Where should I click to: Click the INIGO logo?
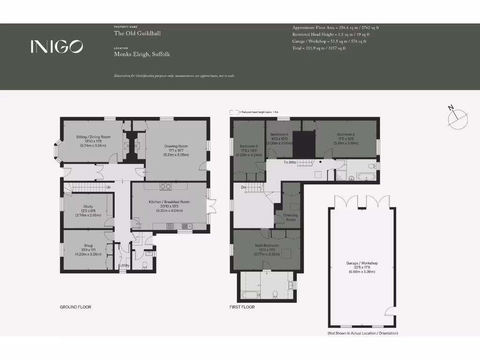click(x=57, y=46)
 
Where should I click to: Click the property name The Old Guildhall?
click(x=137, y=33)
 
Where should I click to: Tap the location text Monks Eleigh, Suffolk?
click(x=142, y=54)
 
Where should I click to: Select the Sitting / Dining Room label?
click(x=93, y=137)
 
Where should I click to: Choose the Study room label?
click(x=88, y=207)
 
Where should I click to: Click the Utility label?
click(x=124, y=266)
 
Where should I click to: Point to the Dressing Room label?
click(x=291, y=217)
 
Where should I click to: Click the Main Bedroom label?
click(x=267, y=246)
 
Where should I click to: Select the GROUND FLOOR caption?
click(x=75, y=307)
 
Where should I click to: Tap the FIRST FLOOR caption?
click(x=242, y=307)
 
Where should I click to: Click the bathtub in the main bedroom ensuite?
click(x=247, y=294)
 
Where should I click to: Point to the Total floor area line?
click(x=319, y=48)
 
